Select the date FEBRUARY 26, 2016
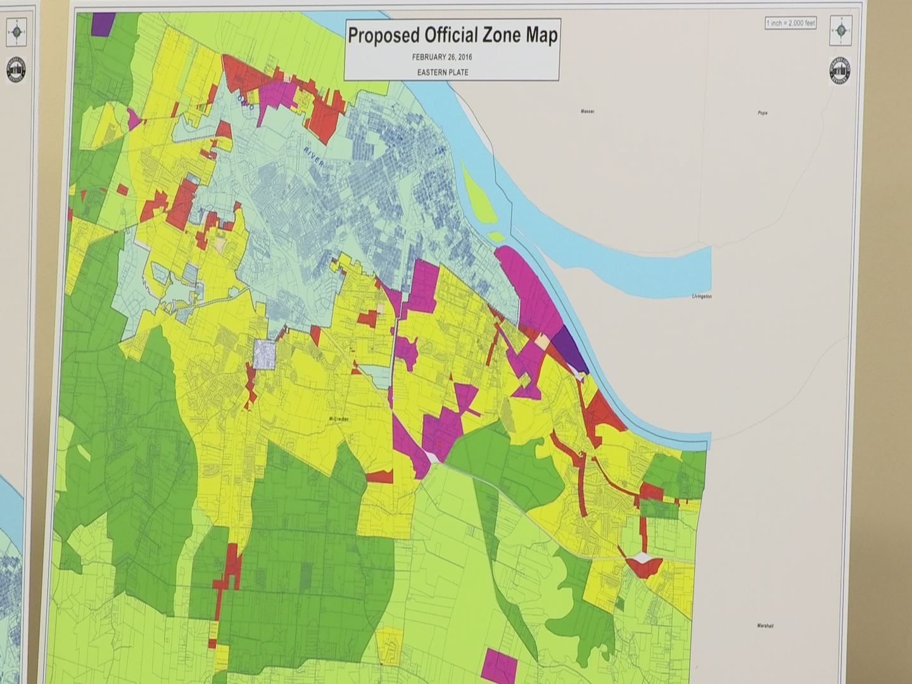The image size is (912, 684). click(442, 57)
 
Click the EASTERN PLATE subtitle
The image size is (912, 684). click(443, 72)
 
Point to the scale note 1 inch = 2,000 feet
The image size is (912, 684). click(790, 23)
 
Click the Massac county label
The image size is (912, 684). click(587, 111)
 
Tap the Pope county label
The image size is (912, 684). click(762, 113)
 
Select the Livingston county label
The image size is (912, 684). click(702, 296)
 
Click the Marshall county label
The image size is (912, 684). click(765, 626)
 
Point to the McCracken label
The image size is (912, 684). click(339, 419)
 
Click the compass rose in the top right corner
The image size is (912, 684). click(840, 30)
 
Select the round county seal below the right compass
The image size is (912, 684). click(840, 71)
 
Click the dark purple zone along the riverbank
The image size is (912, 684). click(569, 350)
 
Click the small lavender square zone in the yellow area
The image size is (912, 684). click(264, 353)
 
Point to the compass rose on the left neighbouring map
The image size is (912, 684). click(15, 30)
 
